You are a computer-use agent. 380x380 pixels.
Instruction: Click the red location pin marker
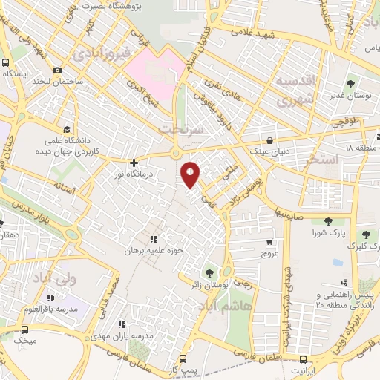191,174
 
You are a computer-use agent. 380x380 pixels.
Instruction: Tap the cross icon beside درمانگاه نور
134,163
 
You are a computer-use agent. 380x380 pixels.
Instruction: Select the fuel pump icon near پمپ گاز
171,358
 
